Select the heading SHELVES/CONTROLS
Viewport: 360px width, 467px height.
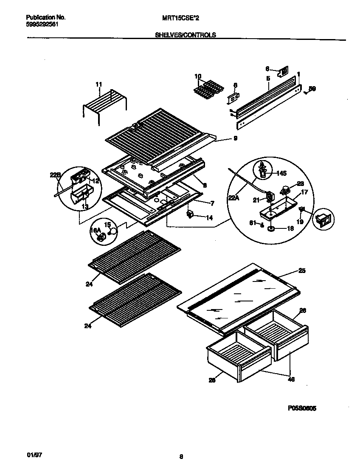click(x=186, y=36)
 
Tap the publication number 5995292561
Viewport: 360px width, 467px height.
click(x=42, y=24)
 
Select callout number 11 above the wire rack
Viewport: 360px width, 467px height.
click(x=98, y=84)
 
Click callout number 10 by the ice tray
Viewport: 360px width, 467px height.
click(x=198, y=76)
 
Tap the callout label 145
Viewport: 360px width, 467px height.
click(x=281, y=173)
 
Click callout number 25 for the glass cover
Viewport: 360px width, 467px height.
click(x=302, y=270)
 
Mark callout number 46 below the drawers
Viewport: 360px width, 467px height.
click(x=291, y=379)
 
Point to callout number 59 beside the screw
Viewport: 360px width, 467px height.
click(x=312, y=89)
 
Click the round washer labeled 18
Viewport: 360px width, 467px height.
click(x=270, y=229)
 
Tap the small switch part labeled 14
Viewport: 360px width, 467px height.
click(x=190, y=214)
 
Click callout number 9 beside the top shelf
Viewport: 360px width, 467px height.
click(x=235, y=138)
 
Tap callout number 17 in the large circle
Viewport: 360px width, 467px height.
click(x=304, y=192)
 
